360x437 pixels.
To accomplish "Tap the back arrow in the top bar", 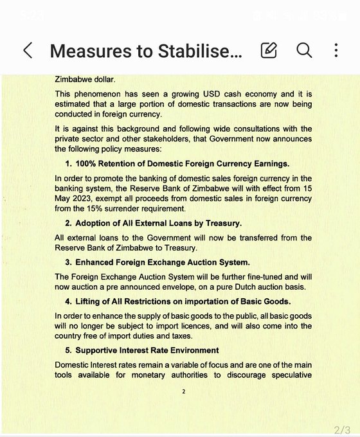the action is tap(28, 51).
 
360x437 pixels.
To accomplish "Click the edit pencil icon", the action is tap(269, 50).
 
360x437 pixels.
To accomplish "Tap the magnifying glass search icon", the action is tap(304, 50).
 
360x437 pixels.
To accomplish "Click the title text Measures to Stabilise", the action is tap(147, 51).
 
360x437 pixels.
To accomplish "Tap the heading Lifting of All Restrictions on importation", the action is tap(183, 301).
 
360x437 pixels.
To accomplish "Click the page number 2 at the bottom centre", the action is tap(183, 391).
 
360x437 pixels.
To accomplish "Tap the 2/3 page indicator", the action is tap(341, 429).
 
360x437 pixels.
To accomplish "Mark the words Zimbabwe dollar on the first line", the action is tap(84, 80).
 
